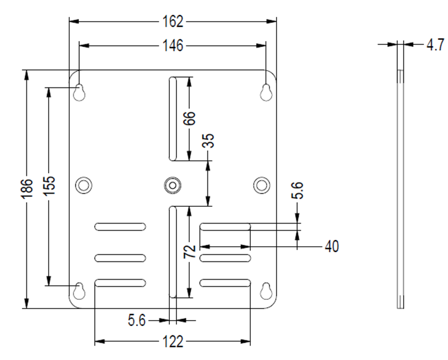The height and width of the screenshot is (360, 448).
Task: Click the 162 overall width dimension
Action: [x=173, y=21]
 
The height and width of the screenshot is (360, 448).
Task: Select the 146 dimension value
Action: [x=173, y=46]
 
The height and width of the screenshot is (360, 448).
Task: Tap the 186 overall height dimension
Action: [x=28, y=188]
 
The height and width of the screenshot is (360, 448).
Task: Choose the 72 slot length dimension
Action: [x=189, y=251]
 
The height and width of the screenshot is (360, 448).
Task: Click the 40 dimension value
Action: [x=332, y=247]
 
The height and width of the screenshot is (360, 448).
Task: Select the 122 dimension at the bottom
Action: [x=173, y=342]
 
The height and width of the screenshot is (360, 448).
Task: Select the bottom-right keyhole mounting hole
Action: [x=266, y=291]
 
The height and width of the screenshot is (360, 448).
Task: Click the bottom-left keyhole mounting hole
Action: [x=79, y=291]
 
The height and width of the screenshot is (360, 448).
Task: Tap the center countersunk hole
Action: [x=173, y=185]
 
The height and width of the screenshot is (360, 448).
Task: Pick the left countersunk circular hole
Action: [x=84, y=185]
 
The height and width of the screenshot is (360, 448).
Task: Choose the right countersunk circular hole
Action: [x=261, y=185]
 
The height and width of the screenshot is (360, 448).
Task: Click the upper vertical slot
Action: [x=172, y=119]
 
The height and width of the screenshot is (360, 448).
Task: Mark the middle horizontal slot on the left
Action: [x=120, y=258]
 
